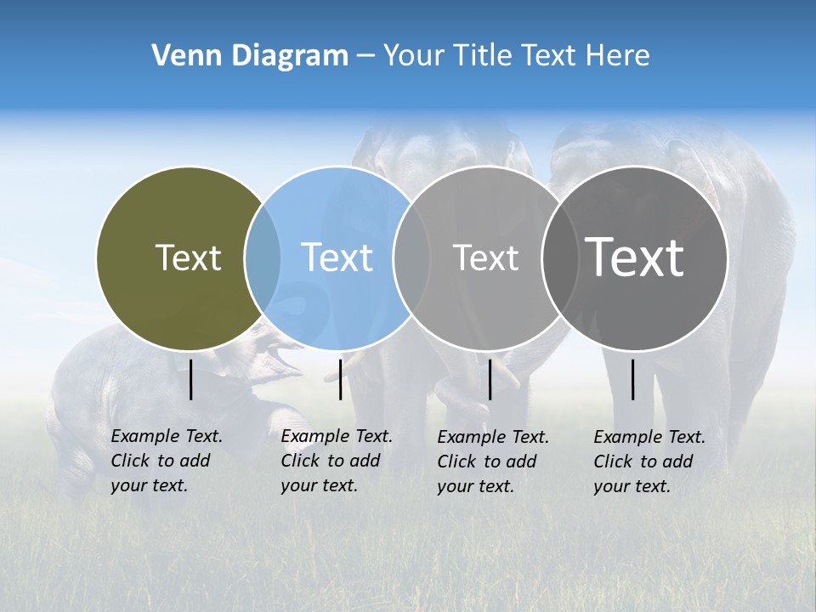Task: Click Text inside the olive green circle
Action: pos(188,258)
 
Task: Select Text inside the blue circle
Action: pos(337,258)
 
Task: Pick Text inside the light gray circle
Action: pos(485,258)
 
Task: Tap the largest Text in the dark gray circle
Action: pos(635,257)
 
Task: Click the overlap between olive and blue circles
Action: pos(263,258)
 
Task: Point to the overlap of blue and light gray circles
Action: pos(411,258)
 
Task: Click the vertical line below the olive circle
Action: pos(191,379)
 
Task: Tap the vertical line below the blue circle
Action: pos(340,379)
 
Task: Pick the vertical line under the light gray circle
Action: pos(490,379)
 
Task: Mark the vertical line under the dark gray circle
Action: pos(633,379)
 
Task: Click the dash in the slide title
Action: pos(365,56)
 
